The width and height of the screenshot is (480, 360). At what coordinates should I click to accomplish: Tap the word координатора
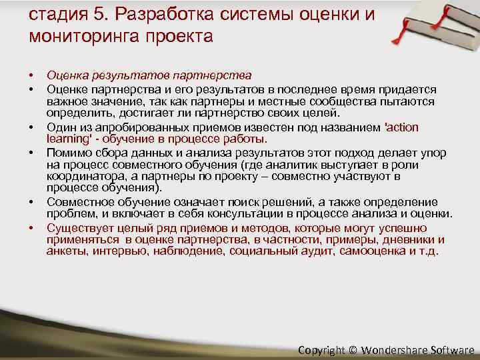[x=77, y=176]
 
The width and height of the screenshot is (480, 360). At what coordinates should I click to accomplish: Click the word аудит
[x=316, y=251]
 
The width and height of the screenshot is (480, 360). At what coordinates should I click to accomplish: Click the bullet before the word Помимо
[x=31, y=153]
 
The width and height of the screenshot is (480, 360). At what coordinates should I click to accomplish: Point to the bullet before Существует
[x=31, y=229]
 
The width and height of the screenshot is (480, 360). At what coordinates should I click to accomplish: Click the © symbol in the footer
[x=353, y=349]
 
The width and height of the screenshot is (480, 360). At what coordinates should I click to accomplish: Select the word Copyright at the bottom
[x=322, y=349]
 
